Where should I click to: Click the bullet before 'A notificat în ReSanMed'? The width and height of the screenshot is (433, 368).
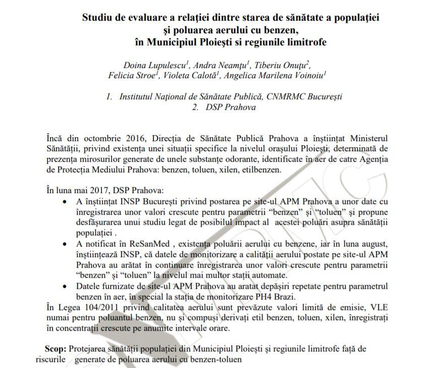point(65,244)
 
